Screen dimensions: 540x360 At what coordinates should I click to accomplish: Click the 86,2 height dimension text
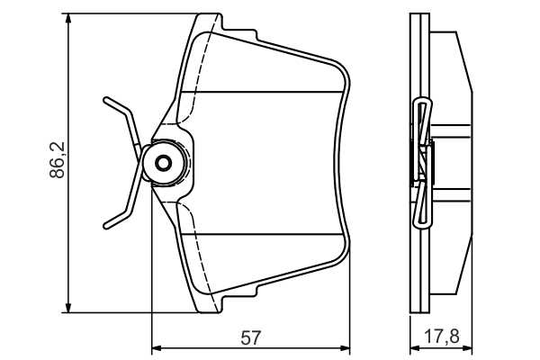point(58,160)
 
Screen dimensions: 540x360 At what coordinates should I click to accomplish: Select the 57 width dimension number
point(251,337)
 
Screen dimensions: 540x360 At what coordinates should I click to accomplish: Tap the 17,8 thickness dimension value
point(442,336)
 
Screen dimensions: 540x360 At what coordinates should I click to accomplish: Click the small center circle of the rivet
point(163,163)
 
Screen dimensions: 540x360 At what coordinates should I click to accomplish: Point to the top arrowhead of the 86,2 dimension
point(68,18)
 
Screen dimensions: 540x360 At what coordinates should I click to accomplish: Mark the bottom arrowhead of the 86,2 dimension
point(68,308)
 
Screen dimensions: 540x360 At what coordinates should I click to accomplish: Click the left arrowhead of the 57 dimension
point(157,348)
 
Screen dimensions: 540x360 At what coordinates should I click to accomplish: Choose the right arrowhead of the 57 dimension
point(345,348)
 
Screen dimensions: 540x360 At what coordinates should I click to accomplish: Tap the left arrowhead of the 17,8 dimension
point(415,348)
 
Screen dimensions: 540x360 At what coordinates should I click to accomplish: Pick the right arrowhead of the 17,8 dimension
point(467,348)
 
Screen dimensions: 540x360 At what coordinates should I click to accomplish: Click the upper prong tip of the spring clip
point(106,100)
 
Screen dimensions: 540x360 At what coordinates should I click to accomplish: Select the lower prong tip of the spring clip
point(106,226)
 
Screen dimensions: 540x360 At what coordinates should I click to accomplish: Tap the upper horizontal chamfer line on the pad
point(263,92)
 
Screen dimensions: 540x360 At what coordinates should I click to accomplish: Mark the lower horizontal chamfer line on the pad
point(263,234)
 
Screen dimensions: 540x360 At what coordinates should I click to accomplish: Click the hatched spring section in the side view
point(423,163)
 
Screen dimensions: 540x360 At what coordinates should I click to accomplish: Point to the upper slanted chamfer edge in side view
point(464,62)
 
